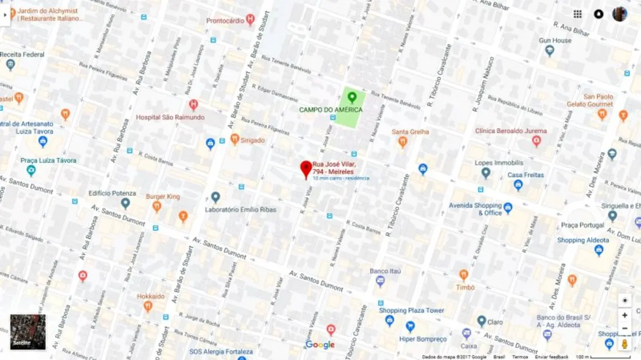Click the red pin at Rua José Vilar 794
click(x=306, y=168)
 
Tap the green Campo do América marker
click(x=351, y=97)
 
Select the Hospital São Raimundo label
click(x=170, y=117)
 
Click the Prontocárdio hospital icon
click(x=250, y=20)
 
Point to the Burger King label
click(x=163, y=197)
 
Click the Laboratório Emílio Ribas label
click(x=240, y=210)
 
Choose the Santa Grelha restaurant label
click(x=410, y=132)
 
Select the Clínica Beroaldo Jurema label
click(x=511, y=131)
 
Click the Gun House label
click(x=555, y=40)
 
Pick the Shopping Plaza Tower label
click(x=411, y=311)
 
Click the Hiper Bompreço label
click(x=423, y=339)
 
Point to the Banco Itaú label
click(x=385, y=271)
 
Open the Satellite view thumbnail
click(x=28, y=332)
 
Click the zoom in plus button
click(x=624, y=315)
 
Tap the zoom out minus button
click(x=624, y=328)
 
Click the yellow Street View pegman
click(x=624, y=344)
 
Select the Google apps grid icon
click(x=577, y=14)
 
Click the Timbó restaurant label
click(x=465, y=287)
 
